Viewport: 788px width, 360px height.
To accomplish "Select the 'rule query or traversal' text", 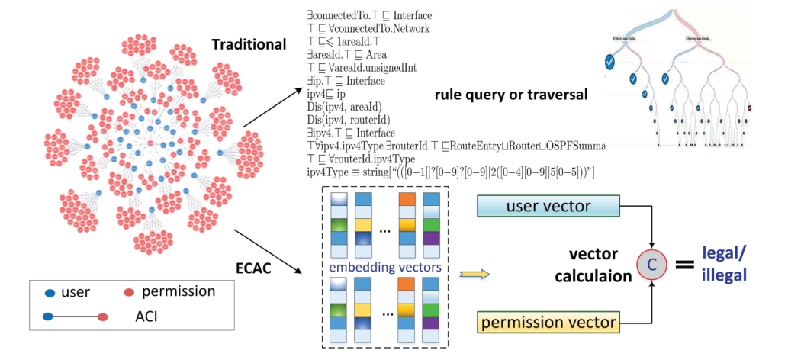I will [510, 95].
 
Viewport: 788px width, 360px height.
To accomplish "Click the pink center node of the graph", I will [151, 143].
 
